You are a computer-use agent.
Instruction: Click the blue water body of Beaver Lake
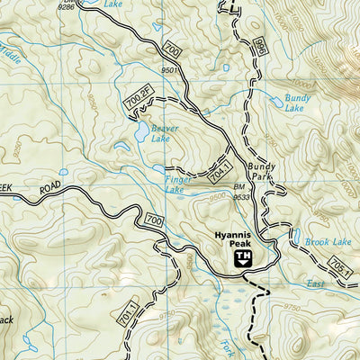pyautogui.click(x=142, y=133)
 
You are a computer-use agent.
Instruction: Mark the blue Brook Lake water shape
pyautogui.click(x=296, y=238)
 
